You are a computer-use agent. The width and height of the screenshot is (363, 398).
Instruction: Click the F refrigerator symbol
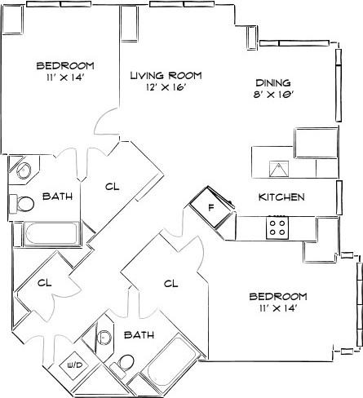(x=210, y=207)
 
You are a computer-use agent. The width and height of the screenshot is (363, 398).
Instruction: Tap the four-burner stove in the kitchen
(x=277, y=227)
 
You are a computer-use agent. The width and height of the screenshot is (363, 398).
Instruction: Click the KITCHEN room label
(x=281, y=197)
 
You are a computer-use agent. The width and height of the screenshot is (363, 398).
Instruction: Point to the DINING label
(x=273, y=82)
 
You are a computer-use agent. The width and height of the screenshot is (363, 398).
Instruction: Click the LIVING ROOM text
(x=166, y=75)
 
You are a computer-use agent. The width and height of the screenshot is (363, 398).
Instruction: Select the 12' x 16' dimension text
(x=166, y=88)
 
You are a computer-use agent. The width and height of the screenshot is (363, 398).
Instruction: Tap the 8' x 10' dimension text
(x=273, y=95)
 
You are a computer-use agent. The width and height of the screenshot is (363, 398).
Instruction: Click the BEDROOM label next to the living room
(x=65, y=65)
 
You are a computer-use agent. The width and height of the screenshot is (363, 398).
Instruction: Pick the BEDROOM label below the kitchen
(x=277, y=295)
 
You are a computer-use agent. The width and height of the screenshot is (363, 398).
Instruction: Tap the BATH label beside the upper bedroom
(x=56, y=197)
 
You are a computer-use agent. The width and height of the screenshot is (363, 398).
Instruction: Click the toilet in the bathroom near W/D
(x=126, y=362)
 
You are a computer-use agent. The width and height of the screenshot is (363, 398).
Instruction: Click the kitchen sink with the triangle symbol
(x=280, y=170)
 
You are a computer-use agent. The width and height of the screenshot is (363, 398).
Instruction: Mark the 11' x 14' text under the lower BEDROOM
(x=277, y=308)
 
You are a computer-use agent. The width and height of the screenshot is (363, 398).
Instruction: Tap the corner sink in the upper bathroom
(x=22, y=171)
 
